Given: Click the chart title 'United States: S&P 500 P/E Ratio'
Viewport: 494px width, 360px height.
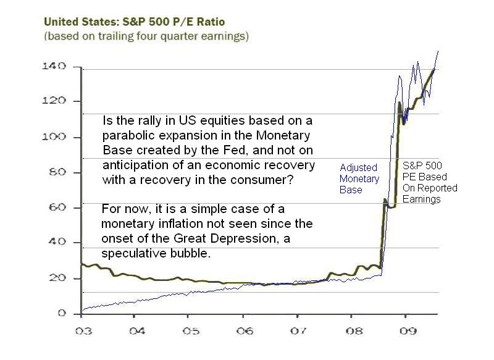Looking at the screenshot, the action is coord(134,22).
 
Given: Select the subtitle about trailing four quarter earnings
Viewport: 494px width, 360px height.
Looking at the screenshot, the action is coord(146,36).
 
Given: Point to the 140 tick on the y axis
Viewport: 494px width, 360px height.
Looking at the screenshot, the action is coord(54,66).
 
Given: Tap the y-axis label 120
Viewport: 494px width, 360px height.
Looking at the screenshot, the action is coord(54,101).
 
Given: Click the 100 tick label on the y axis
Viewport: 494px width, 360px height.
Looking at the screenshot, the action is coord(54,136).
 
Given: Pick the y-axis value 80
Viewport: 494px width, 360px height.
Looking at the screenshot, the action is coord(57,172).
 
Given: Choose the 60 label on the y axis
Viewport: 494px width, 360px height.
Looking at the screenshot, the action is coord(57,207).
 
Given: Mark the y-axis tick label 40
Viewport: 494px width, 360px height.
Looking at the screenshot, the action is coord(57,241).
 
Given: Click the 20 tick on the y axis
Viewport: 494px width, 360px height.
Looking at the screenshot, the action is coord(57,278).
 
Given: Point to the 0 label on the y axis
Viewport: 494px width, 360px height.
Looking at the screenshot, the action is coord(62,313).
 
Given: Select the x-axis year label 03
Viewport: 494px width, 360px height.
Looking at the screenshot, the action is coord(83,331).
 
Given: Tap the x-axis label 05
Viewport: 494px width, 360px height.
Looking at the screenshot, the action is coord(191,331).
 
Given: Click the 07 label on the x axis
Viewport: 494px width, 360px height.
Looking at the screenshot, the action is coord(298,331).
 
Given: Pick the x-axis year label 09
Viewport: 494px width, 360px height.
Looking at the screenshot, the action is coord(408,331).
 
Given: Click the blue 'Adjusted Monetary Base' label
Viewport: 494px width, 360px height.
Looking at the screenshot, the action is coord(359,178).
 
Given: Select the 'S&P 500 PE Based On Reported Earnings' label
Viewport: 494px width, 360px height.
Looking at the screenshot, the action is coord(430,182).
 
